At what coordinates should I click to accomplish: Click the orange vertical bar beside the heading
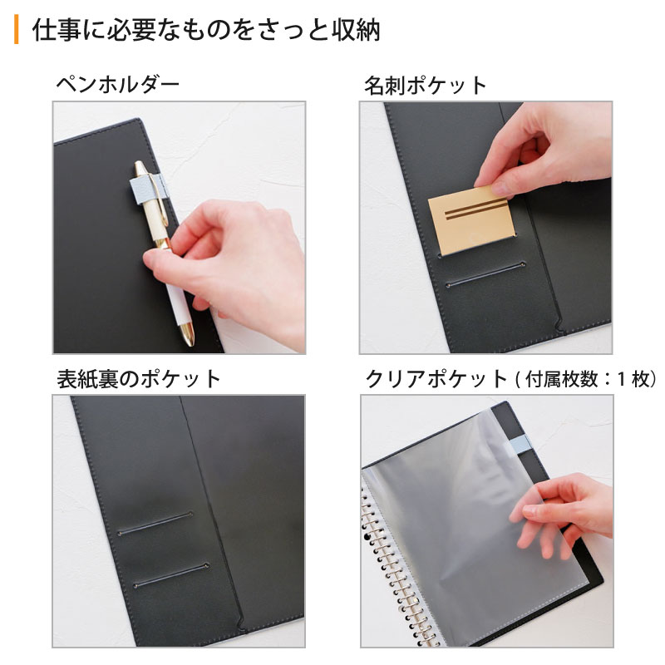pyautogui.click(x=16, y=29)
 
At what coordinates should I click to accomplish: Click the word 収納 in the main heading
pyautogui.click(x=356, y=30)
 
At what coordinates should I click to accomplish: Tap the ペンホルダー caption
pyautogui.click(x=117, y=85)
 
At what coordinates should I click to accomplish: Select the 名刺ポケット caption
pyautogui.click(x=426, y=86)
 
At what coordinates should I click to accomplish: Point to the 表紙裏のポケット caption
pyautogui.click(x=139, y=379)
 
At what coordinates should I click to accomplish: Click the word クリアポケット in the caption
pyautogui.click(x=436, y=379)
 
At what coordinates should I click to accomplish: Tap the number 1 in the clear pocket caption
pyautogui.click(x=621, y=379)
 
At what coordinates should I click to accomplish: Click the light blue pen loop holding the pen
pyautogui.click(x=149, y=190)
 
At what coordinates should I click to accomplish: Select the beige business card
pyautogui.click(x=471, y=220)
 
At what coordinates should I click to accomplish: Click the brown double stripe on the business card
pyautogui.click(x=476, y=210)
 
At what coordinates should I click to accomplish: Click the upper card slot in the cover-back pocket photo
pyautogui.click(x=155, y=524)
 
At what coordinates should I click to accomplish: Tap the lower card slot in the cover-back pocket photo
pyautogui.click(x=171, y=575)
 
